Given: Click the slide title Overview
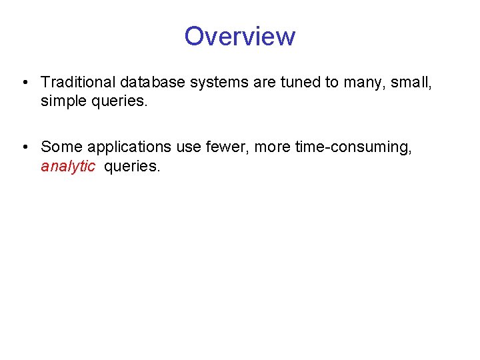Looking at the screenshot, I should (x=239, y=36).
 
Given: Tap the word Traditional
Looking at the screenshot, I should (x=78, y=82).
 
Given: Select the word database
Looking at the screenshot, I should (x=151, y=82).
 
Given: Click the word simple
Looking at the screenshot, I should (x=63, y=101).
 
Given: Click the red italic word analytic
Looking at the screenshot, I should (x=68, y=167).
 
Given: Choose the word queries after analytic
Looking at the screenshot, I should (x=132, y=167).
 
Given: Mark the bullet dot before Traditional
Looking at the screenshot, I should (x=23, y=83).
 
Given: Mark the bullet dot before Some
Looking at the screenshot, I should (x=23, y=147).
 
